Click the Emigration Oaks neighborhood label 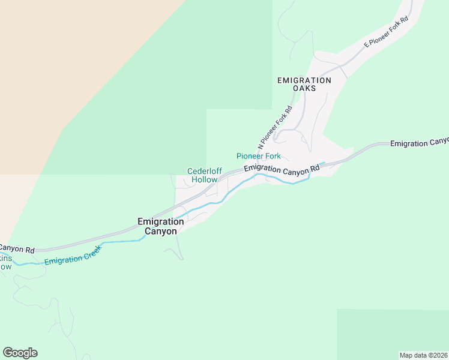304,84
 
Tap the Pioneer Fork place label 258,156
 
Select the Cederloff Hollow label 204,175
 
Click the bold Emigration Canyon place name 161,226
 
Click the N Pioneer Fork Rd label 275,128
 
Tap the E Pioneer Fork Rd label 386,33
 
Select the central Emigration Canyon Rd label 282,170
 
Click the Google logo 20,353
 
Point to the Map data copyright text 423,355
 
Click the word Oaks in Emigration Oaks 304,88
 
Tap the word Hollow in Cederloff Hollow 204,179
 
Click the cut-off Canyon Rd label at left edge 17,248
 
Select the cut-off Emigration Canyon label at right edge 419,143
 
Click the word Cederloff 204,170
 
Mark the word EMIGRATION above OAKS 304,80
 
